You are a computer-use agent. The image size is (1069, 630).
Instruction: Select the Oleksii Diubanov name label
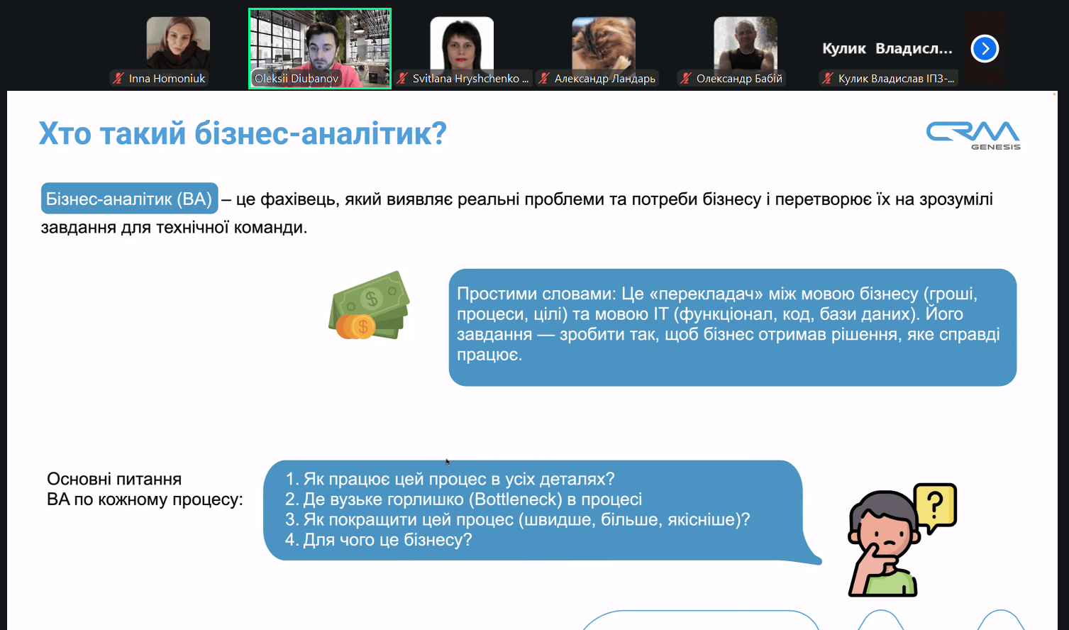coord(297,79)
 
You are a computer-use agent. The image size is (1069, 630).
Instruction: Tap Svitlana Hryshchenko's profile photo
coord(462,43)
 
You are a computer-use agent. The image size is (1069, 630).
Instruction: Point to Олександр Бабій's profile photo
coord(746,43)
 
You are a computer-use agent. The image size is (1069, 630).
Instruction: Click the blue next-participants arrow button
coord(985,49)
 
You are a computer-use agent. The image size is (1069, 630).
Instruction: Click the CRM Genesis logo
coord(973,135)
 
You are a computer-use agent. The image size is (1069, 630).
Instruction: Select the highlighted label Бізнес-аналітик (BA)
coord(129,199)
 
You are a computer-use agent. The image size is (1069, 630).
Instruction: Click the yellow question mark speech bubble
coord(935,506)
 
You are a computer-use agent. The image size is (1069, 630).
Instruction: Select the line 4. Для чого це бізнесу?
coord(378,540)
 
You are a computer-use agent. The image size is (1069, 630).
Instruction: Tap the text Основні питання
coord(114,479)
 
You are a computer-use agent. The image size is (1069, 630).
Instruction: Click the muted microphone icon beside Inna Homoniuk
coord(118,79)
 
